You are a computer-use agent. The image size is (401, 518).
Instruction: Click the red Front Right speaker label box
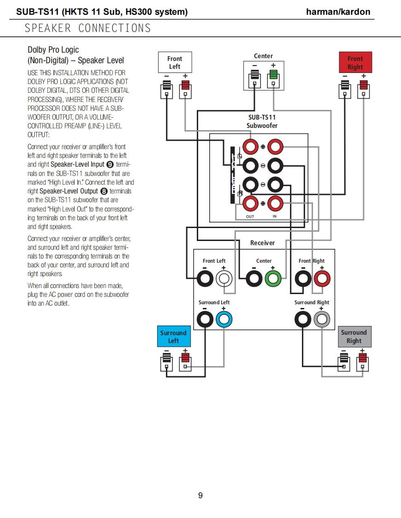tap(355, 63)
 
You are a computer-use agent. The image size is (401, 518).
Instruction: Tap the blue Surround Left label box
tap(173, 337)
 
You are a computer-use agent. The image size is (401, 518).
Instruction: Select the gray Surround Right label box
tap(354, 337)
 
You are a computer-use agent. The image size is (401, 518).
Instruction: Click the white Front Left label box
tap(175, 63)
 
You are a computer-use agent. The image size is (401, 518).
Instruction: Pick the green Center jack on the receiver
tap(272, 278)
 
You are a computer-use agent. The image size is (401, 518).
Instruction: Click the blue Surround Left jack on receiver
tap(224, 319)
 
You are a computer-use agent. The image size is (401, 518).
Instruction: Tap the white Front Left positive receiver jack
tap(224, 278)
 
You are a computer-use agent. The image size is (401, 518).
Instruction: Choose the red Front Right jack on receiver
tap(322, 278)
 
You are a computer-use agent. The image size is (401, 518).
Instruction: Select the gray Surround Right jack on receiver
tap(322, 319)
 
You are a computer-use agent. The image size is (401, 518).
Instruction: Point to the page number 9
tap(200, 495)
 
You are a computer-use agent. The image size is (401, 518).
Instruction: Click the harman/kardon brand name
tap(338, 12)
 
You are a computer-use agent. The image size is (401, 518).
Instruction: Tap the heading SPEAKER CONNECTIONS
tap(88, 28)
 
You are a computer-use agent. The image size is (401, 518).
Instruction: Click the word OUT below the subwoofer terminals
tap(250, 217)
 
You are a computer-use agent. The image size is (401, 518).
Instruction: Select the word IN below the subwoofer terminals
tap(275, 217)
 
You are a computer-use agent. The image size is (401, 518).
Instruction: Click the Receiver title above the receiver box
tap(262, 243)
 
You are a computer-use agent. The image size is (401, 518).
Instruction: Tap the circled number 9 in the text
tap(110, 164)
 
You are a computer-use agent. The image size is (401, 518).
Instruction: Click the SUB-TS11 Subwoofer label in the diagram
tap(262, 121)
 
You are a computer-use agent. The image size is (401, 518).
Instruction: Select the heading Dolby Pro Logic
tap(53, 50)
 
